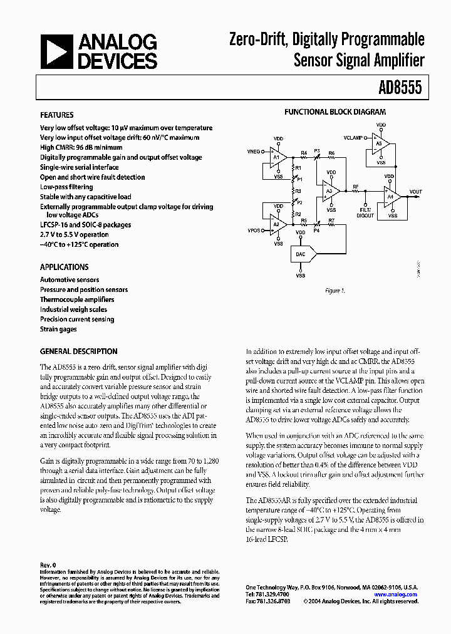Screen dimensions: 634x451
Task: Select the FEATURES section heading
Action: (x=56, y=115)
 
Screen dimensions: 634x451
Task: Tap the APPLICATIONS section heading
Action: (x=64, y=267)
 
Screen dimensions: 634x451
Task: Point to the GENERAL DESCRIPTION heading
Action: (x=78, y=351)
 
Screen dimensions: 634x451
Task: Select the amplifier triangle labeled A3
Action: (x=330, y=191)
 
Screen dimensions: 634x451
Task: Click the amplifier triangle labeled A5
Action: (x=380, y=143)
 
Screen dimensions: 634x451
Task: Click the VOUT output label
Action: (x=415, y=192)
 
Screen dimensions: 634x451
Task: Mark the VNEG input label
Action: (x=254, y=152)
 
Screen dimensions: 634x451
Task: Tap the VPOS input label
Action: (x=254, y=231)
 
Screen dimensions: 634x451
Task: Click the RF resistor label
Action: (x=356, y=187)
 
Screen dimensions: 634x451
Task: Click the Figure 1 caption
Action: (x=334, y=290)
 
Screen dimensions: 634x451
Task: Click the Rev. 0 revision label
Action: (x=48, y=564)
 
